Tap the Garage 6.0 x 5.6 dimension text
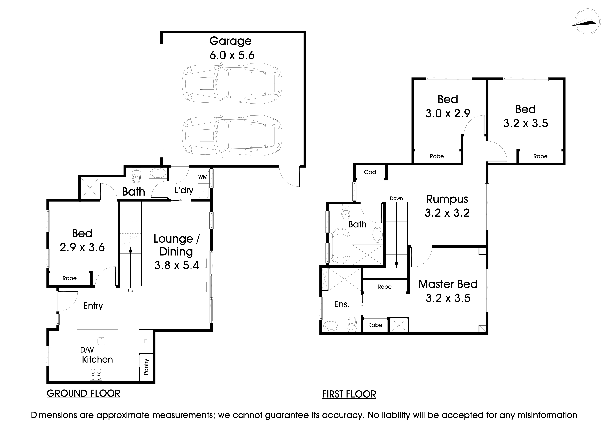click(232, 55)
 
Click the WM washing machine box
click(203, 177)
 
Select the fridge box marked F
click(145, 341)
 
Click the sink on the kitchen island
click(101, 341)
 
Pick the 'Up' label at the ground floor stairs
click(130, 291)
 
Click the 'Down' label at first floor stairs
click(396, 198)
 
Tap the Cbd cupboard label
click(370, 172)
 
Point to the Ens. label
click(342, 304)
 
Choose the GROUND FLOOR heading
click(83, 393)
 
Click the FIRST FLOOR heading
click(349, 394)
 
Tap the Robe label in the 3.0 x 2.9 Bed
click(437, 156)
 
